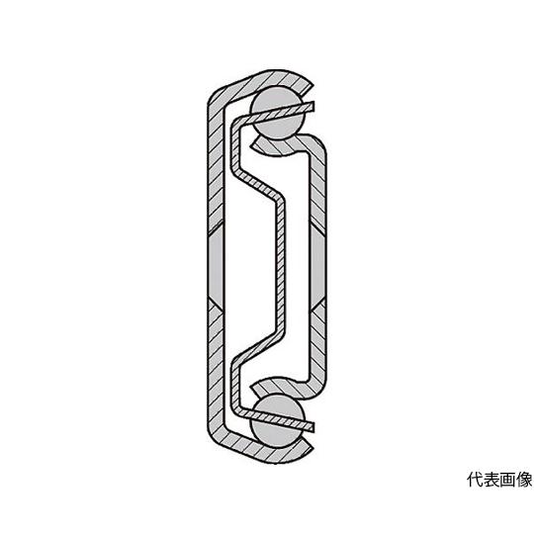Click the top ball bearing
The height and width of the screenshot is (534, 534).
tap(277, 113)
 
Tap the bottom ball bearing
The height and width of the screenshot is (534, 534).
tap(277, 421)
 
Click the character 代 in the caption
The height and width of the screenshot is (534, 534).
tap(475, 480)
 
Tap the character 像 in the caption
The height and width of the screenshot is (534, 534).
tap(524, 480)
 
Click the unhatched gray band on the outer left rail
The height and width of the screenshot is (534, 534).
tap(216, 267)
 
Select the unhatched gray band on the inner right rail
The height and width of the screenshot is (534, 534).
tap(317, 267)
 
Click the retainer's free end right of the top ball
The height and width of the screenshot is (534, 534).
tap(311, 107)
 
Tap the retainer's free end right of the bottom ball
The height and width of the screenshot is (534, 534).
tap(311, 427)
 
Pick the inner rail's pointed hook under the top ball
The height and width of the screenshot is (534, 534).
tap(254, 146)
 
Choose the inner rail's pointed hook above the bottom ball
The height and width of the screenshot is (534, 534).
tap(254, 388)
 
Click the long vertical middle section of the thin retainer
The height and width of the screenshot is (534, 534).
tap(280, 267)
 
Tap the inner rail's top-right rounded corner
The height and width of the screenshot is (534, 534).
tap(317, 144)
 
